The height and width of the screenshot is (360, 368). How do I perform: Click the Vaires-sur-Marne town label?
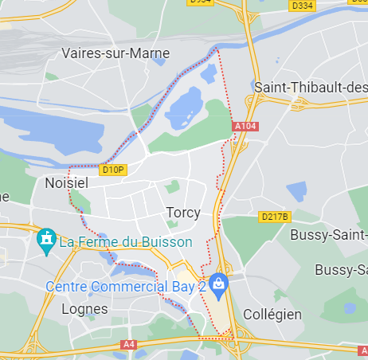(116, 53)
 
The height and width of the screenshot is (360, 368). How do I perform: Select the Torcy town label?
(183, 213)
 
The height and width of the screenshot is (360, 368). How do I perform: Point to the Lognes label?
(84, 309)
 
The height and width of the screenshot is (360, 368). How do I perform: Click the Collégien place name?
(272, 314)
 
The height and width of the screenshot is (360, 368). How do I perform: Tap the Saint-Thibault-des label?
(310, 87)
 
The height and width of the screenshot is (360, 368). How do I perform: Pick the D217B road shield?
(275, 217)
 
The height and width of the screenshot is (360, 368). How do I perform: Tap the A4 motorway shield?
(127, 345)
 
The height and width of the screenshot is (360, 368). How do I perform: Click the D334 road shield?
(302, 6)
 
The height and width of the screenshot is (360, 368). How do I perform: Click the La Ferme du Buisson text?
(126, 241)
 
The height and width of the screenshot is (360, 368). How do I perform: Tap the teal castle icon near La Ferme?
(46, 238)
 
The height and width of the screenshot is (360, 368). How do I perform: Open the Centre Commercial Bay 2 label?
(126, 285)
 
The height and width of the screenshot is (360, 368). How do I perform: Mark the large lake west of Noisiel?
(56, 127)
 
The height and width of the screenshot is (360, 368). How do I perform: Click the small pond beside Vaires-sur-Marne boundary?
(209, 76)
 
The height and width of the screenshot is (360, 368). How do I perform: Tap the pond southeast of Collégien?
(350, 307)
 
